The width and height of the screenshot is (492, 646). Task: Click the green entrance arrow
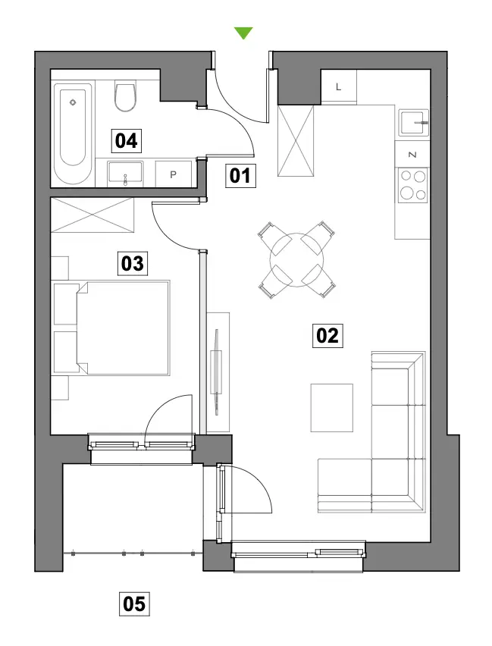[243, 33]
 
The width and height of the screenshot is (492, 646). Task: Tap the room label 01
[240, 176]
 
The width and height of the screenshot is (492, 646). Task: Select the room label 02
[327, 335]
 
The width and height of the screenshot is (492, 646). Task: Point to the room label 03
[132, 263]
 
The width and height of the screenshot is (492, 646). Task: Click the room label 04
[127, 140]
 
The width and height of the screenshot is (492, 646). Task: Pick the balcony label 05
[134, 604]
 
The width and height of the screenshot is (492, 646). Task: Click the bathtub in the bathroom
[73, 133]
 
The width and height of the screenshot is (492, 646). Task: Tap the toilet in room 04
[125, 96]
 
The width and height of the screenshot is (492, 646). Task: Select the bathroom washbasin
[125, 174]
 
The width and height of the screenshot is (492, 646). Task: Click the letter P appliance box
[173, 174]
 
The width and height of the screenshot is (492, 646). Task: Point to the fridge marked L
[339, 86]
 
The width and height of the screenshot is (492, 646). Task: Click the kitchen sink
[414, 122]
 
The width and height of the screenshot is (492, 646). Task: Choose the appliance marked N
[412, 154]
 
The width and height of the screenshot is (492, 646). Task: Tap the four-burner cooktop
[413, 186]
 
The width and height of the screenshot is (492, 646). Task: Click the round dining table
[296, 260]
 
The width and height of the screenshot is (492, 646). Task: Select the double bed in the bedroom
[123, 328]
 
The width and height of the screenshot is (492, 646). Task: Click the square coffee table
[332, 408]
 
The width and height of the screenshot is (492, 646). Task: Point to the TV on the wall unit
[216, 371]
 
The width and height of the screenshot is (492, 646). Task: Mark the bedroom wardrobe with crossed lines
[92, 215]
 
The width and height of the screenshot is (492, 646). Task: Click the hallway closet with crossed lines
[296, 141]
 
